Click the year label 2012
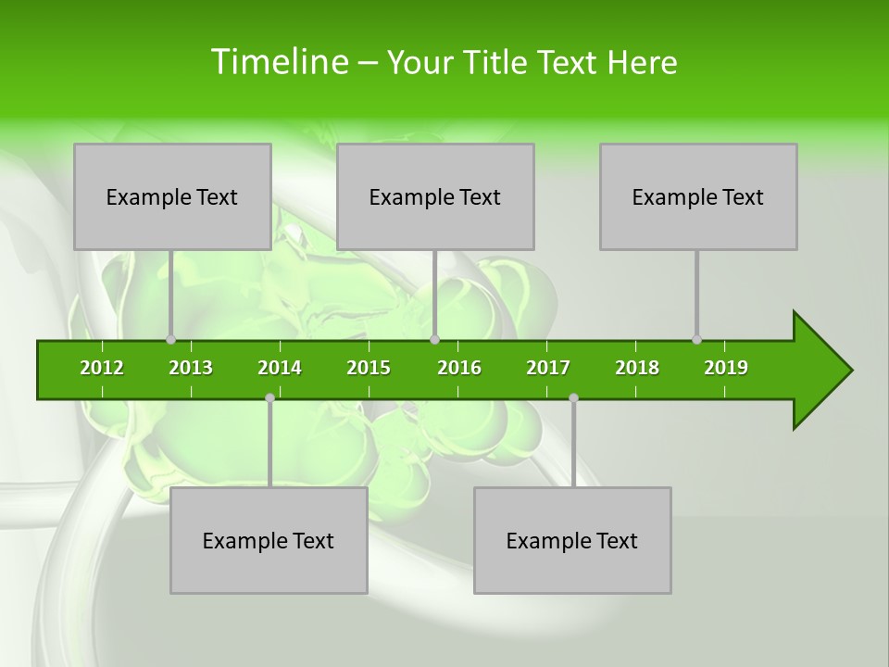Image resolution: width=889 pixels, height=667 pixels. (102, 368)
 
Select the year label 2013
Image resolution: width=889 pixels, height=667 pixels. (191, 368)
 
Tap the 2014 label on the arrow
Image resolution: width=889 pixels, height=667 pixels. (280, 368)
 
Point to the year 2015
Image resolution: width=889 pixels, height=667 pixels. (369, 368)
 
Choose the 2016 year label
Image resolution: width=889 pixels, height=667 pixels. (459, 368)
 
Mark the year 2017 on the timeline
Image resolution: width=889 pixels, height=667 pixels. (548, 368)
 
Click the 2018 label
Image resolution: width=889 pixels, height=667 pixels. (637, 368)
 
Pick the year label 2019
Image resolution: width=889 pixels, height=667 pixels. (726, 368)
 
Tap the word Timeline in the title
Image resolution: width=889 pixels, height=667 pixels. (277, 62)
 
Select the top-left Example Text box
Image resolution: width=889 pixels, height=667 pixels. (172, 196)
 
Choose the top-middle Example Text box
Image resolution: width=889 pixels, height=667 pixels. (435, 196)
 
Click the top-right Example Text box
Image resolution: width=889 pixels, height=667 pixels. (698, 196)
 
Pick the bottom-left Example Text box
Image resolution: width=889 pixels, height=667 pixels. (269, 540)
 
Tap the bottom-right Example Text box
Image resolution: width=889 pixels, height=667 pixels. (572, 540)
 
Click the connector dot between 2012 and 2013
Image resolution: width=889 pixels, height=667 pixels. (170, 340)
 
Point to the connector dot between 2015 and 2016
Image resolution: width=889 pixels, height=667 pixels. (434, 340)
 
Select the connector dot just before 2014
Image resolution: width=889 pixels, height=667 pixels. (269, 397)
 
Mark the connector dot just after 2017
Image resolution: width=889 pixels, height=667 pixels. (573, 397)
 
